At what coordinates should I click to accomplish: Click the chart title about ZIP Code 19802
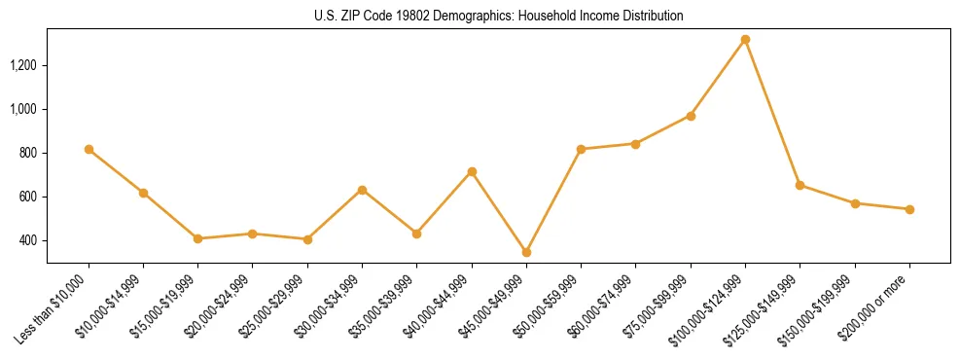(498, 17)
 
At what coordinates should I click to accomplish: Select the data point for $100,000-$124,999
(745, 40)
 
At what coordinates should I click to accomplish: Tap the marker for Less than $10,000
(89, 149)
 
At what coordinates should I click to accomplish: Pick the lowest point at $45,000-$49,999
(526, 252)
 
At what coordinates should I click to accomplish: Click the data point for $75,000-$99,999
(691, 116)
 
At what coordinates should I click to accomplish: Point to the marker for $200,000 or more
(909, 209)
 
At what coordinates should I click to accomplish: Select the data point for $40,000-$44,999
(472, 171)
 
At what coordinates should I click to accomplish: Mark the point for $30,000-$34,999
(362, 190)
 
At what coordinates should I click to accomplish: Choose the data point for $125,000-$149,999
(800, 185)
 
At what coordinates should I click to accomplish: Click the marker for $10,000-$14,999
(143, 193)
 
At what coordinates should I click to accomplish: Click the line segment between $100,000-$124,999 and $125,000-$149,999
(772, 113)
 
